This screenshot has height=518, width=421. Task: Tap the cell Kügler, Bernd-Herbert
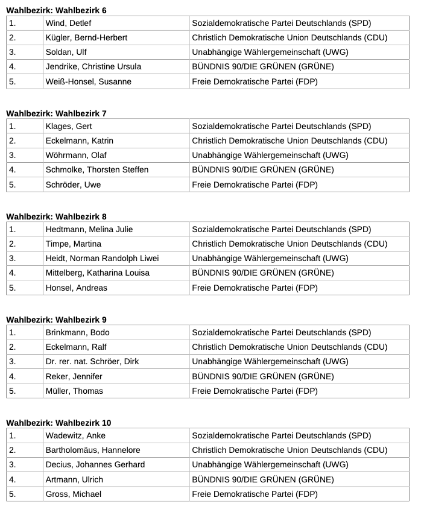pos(86,38)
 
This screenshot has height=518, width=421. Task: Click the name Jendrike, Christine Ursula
pos(93,67)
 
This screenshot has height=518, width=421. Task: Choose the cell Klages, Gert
pos(69,127)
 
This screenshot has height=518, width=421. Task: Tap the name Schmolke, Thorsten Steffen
pos(97,170)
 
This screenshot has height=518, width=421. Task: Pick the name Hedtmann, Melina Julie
pos(89,230)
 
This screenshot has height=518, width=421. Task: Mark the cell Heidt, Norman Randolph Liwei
pos(102,259)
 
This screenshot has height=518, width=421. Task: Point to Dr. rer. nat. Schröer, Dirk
pos(92,362)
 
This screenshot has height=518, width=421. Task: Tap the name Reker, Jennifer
pos(74,376)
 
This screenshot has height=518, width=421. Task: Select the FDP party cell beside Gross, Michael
pos(255,494)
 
